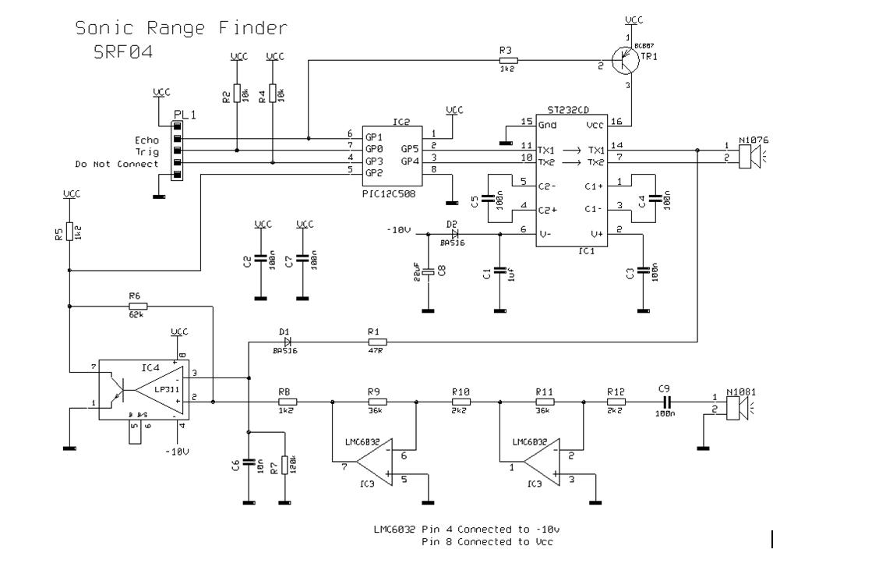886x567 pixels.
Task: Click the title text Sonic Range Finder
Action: tap(181, 29)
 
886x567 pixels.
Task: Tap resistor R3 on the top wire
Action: tap(507, 59)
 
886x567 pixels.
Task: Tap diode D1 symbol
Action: tap(287, 342)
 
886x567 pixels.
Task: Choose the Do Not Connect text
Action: tap(116, 165)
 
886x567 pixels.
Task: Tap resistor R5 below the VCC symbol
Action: tap(70, 231)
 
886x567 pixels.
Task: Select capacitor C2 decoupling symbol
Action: tap(259, 260)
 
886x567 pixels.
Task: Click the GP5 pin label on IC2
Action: tap(411, 149)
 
